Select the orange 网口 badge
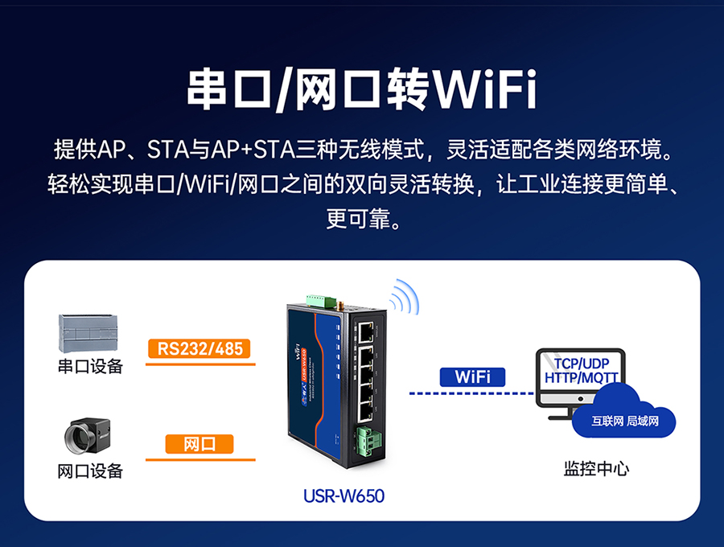tap(199, 444)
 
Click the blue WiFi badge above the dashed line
tap(472, 376)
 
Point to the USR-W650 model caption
tap(343, 496)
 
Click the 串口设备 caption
tap(90, 367)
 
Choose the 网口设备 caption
tap(90, 471)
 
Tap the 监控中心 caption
tap(596, 468)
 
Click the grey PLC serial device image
tap(90, 331)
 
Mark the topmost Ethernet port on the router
tap(367, 330)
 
